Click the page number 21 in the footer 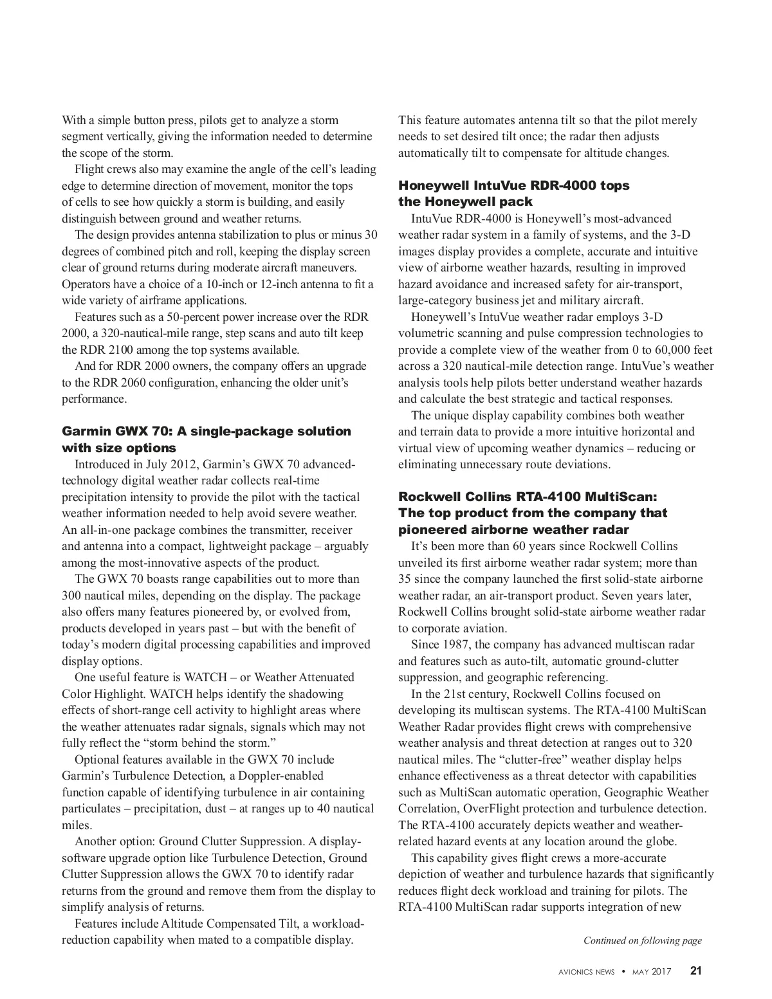[x=695, y=971]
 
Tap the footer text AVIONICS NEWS [x=586, y=972]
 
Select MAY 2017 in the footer [x=651, y=972]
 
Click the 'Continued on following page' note [x=642, y=940]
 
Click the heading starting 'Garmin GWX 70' [x=206, y=431]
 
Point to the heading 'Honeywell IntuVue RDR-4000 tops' [x=513, y=185]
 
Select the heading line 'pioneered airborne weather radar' [x=513, y=529]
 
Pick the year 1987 [x=457, y=645]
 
